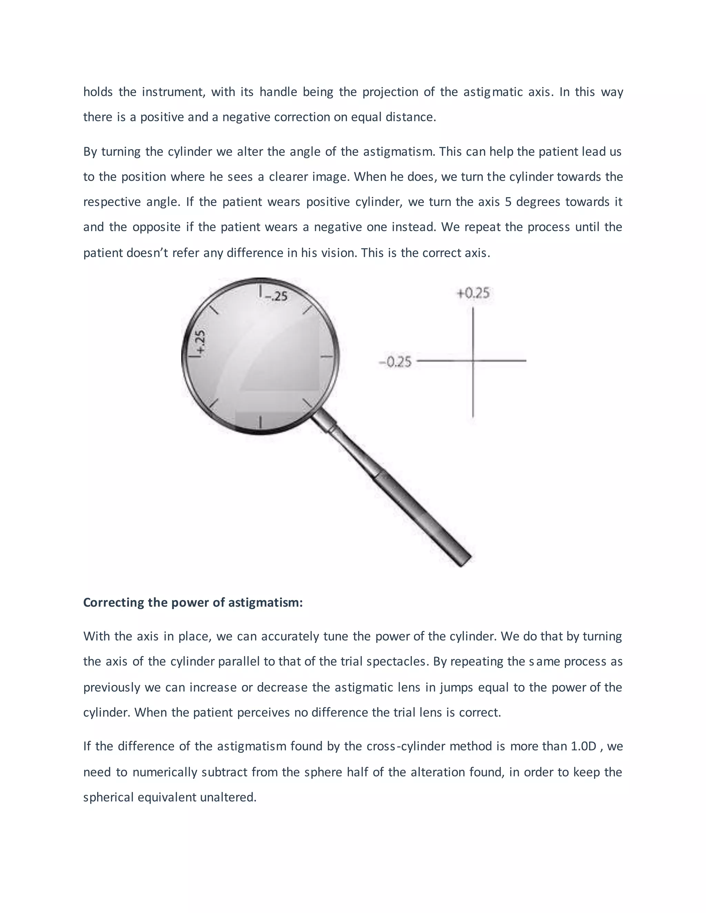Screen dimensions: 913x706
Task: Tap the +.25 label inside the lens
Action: pos(200,342)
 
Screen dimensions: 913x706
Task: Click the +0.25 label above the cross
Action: pos(473,293)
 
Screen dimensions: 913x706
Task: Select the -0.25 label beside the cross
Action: pos(395,362)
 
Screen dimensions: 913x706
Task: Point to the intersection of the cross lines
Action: pos(473,360)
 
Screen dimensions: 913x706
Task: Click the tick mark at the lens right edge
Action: pos(327,357)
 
